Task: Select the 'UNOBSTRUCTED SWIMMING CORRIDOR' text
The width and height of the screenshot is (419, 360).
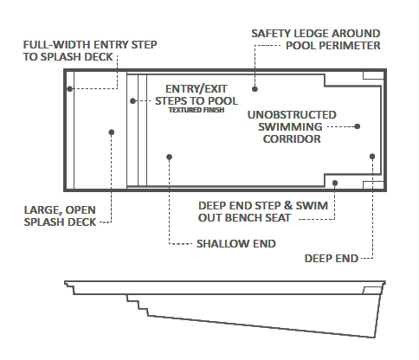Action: [291, 125]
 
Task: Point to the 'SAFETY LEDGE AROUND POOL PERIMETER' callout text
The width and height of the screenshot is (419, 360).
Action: [315, 39]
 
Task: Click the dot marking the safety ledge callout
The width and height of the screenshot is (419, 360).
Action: [255, 88]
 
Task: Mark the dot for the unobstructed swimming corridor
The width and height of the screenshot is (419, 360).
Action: [358, 125]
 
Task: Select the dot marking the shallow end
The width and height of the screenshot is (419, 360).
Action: [170, 157]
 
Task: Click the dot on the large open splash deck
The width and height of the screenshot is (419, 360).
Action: [112, 132]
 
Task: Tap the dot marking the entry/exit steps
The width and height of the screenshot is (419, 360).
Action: [132, 100]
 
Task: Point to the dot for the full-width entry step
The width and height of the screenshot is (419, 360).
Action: [69, 88]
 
